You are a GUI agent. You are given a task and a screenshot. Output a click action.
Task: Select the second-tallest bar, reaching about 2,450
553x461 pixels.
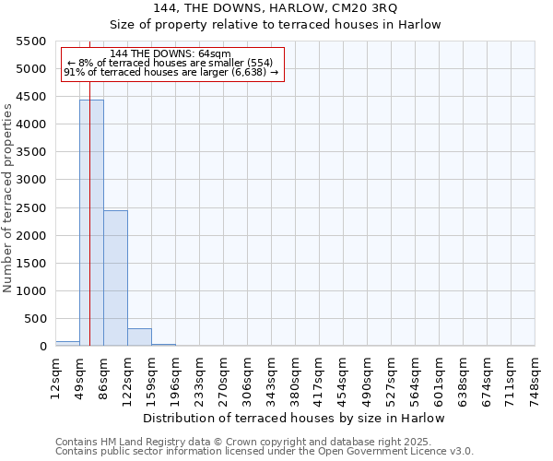point(115,278)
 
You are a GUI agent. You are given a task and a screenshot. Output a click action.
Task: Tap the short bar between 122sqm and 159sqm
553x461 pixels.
point(139,337)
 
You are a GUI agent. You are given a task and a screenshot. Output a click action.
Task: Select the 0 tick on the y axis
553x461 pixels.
point(42,347)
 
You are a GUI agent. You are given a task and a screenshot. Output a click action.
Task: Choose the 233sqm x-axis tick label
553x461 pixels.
point(199,377)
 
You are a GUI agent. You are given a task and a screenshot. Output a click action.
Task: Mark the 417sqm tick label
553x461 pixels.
point(319,377)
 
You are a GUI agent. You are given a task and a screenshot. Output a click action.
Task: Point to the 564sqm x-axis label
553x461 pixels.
point(415,377)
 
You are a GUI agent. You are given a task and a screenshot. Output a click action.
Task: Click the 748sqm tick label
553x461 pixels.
point(535,377)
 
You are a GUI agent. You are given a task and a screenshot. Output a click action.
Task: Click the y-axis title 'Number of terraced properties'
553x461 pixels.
point(9,198)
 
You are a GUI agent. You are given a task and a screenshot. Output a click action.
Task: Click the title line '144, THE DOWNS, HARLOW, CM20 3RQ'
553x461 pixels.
point(276,9)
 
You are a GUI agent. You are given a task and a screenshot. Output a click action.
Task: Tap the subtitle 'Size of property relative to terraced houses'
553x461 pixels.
point(276,25)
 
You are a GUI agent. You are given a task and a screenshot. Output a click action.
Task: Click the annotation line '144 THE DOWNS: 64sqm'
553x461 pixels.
point(171,53)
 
